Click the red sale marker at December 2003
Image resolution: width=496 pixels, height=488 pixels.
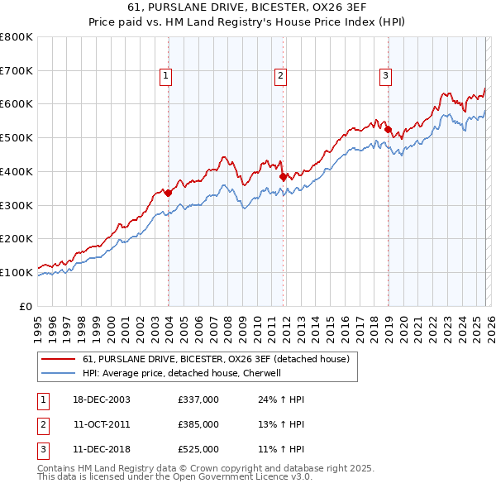click(169, 193)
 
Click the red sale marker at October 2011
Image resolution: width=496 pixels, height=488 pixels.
click(283, 176)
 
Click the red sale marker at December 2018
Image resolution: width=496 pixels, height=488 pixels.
click(388, 129)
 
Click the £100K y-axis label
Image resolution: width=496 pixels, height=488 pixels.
click(17, 272)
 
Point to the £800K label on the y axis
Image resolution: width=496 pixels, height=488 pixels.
click(17, 37)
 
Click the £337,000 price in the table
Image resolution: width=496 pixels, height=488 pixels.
click(198, 399)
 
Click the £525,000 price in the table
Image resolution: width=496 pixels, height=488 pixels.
click(198, 449)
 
